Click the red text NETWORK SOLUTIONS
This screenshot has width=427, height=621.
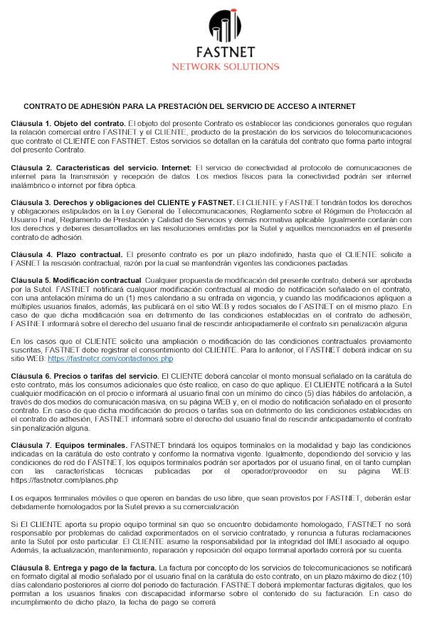pos(225,66)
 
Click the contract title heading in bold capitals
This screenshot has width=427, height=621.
pos(189,105)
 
